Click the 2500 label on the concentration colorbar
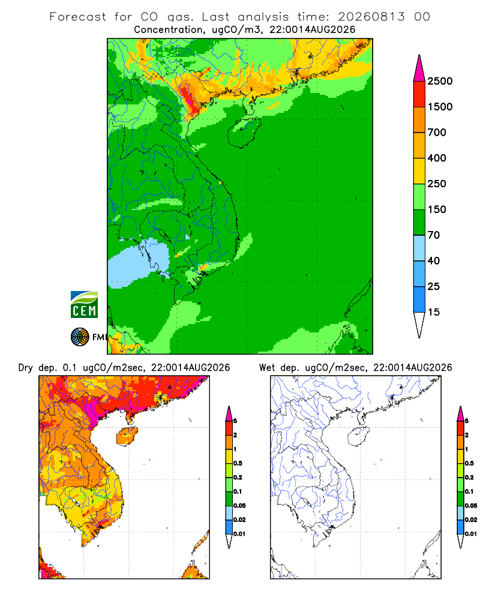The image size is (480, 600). click(440, 81)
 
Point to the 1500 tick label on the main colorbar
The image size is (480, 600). click(440, 107)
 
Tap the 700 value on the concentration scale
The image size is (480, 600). click(437, 133)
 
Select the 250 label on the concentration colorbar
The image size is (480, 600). click(437, 184)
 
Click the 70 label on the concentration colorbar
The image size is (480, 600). click(434, 235)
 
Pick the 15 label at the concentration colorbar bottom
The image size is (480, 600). click(434, 312)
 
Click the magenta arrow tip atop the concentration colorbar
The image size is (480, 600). click(419, 55)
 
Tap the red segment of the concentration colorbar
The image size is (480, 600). click(419, 94)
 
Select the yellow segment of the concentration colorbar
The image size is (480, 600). click(419, 171)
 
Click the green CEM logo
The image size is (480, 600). click(84, 305)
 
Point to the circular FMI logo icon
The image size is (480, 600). click(80, 337)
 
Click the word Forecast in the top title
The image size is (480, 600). click(78, 17)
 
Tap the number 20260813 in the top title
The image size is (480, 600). click(371, 17)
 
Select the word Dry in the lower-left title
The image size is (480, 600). click(26, 368)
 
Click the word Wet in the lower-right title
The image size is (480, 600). click(267, 368)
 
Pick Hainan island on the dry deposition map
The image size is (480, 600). click(127, 436)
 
